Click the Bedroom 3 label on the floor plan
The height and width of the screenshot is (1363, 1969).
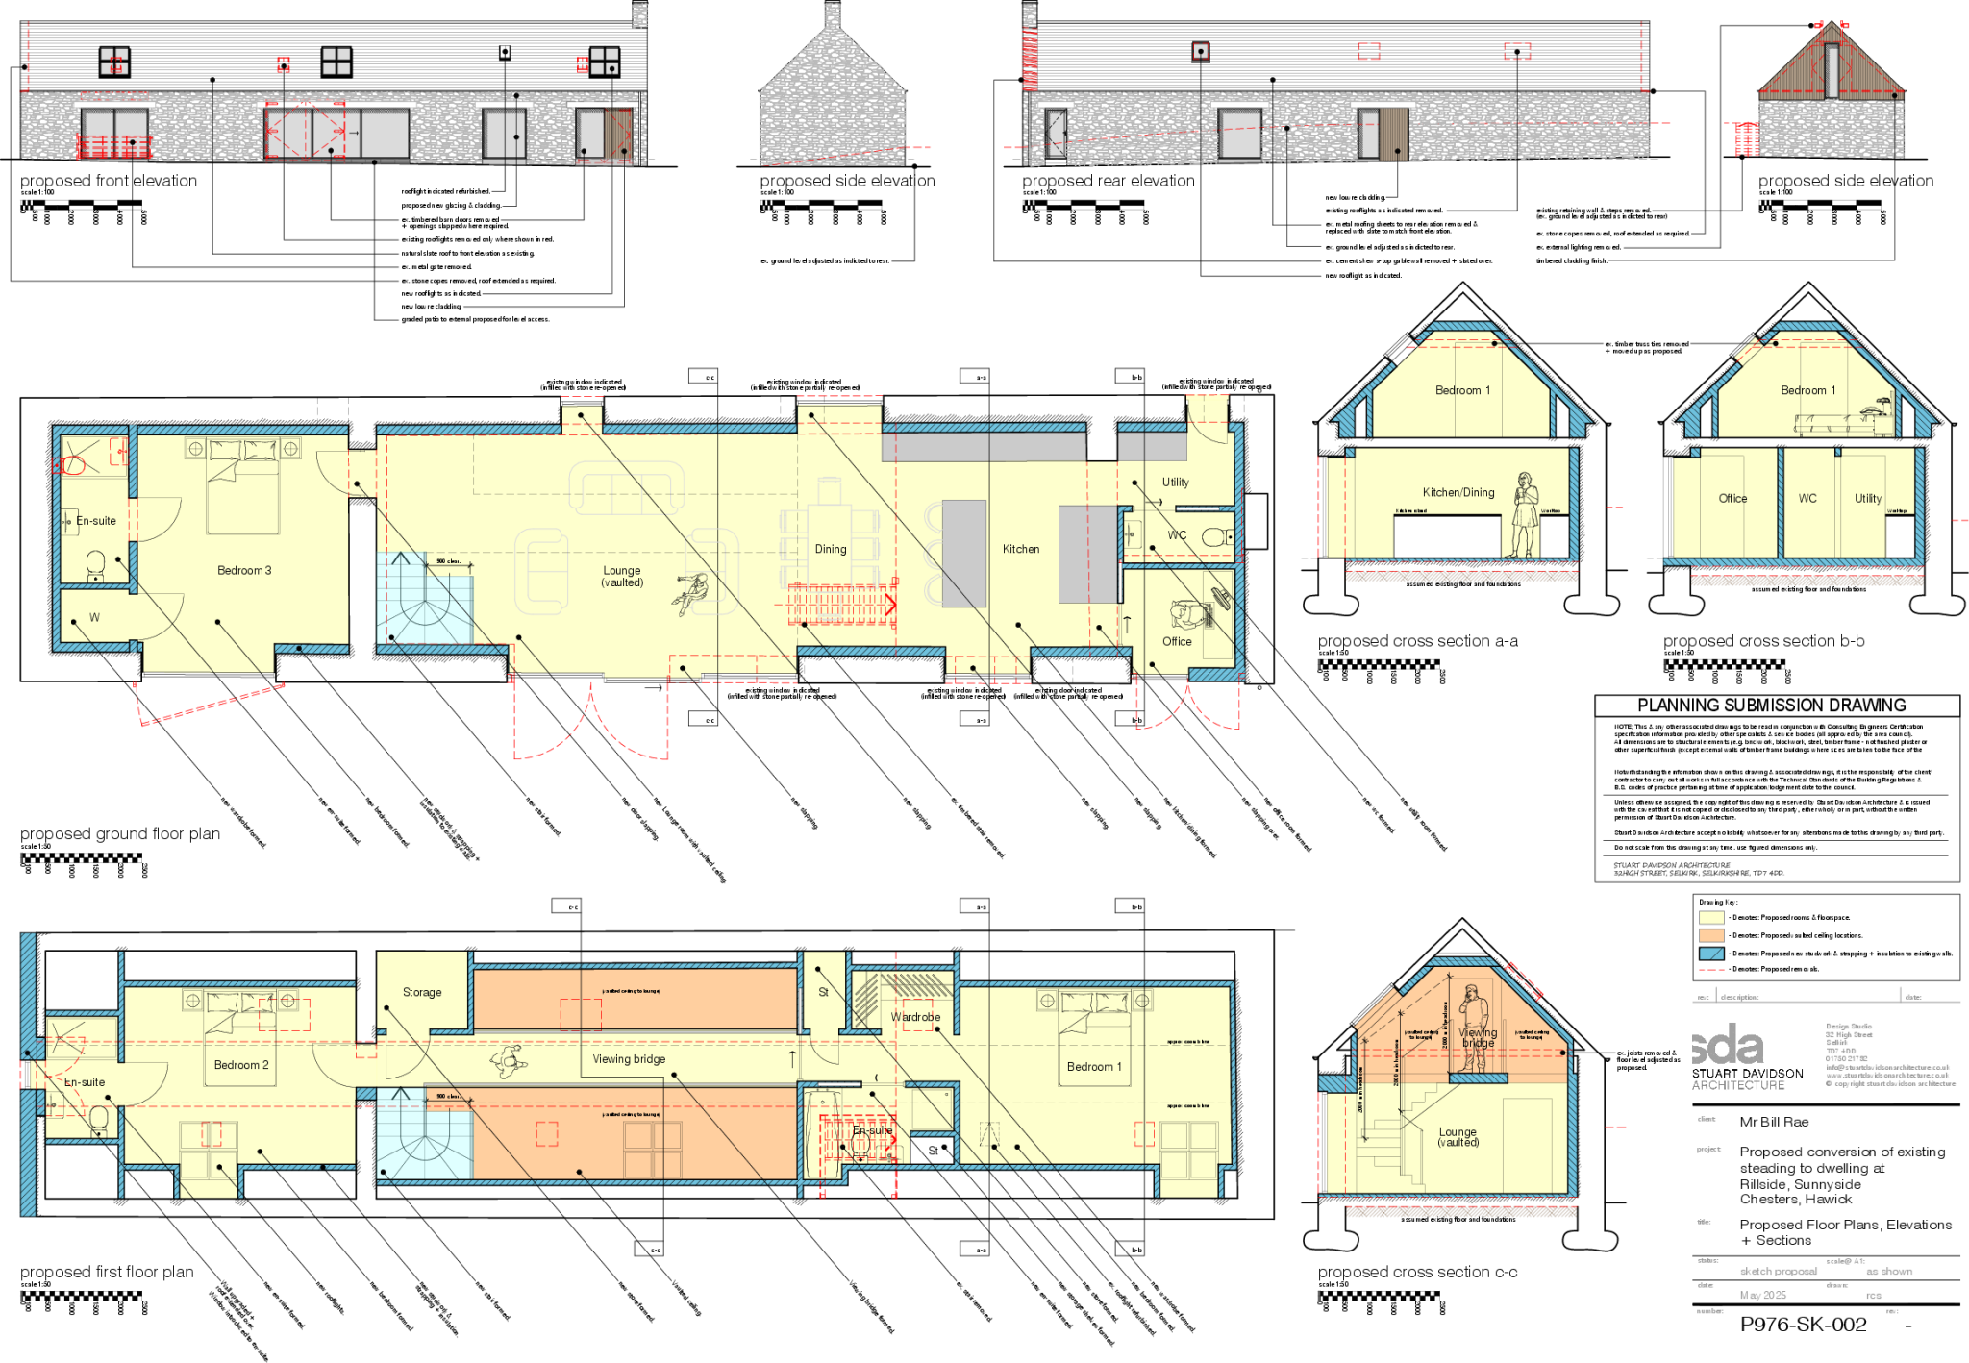click(244, 570)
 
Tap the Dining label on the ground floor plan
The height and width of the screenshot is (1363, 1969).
click(831, 549)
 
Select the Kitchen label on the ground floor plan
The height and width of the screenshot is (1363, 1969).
click(1021, 549)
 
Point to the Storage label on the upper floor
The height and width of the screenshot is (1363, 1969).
click(422, 992)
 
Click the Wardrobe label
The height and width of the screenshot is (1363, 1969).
click(915, 1017)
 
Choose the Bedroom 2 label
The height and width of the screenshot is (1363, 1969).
click(241, 1065)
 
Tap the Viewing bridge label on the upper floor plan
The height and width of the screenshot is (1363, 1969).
click(629, 1059)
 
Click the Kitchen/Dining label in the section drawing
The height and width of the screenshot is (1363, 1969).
click(1458, 492)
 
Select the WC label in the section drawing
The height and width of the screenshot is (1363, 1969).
click(1807, 498)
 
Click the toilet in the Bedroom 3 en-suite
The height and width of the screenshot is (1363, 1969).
click(95, 563)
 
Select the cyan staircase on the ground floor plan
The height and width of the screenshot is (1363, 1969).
click(423, 600)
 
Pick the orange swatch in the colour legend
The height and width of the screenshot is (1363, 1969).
click(1711, 935)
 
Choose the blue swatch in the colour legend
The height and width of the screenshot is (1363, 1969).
click(1711, 954)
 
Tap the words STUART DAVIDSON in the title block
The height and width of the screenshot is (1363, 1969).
click(1748, 1073)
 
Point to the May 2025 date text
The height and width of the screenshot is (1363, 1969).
click(1763, 1296)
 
